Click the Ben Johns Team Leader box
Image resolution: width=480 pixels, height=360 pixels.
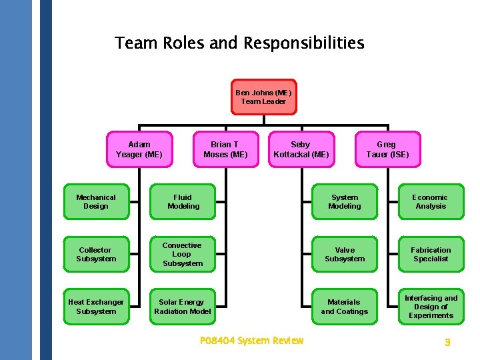click(x=263, y=97)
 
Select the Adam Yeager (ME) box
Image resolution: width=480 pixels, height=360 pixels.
click(x=139, y=149)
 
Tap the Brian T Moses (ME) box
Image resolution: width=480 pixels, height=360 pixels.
click(x=225, y=149)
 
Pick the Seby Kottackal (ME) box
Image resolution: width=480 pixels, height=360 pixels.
click(x=301, y=149)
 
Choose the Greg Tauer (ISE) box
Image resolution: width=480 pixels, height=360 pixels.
click(x=387, y=149)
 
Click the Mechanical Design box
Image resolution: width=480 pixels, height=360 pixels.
click(x=96, y=202)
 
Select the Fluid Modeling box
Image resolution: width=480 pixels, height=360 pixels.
click(x=183, y=202)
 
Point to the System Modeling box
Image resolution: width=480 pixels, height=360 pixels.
click(x=345, y=202)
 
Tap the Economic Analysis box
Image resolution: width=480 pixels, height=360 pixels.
click(x=431, y=202)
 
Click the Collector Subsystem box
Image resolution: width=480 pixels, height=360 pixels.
click(x=96, y=255)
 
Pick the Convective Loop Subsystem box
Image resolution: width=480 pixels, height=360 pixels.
click(x=183, y=255)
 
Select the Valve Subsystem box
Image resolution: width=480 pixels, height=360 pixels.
click(x=345, y=255)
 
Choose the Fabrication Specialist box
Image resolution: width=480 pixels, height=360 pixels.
click(x=431, y=255)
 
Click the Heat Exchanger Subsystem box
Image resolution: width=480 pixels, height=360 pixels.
click(x=96, y=307)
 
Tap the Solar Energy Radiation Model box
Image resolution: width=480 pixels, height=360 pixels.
click(x=183, y=307)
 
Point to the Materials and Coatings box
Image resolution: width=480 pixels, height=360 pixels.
click(x=345, y=307)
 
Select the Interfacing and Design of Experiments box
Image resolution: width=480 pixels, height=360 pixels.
click(x=431, y=307)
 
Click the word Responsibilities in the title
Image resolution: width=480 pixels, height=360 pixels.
click(x=303, y=44)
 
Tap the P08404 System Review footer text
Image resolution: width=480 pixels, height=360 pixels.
click(x=251, y=341)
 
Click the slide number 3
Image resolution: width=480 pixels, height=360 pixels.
click(x=448, y=342)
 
